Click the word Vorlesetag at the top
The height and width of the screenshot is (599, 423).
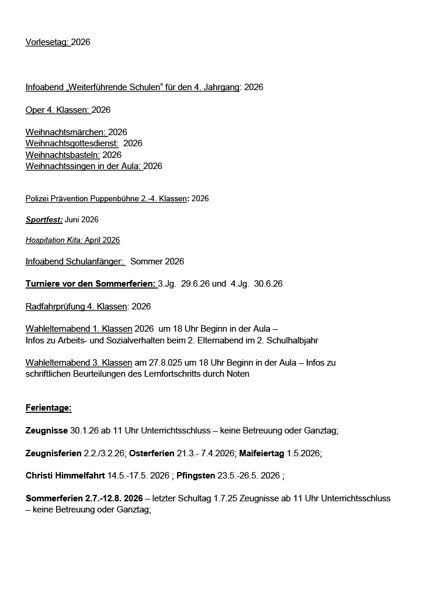tap(47, 42)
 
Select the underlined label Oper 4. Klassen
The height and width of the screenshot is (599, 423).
tap(57, 110)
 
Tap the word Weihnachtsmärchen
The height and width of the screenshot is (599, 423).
tap(66, 132)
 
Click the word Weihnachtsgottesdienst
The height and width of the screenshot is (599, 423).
tap(71, 143)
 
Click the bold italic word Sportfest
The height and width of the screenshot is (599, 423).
tap(44, 220)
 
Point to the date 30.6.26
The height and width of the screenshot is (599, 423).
tap(268, 284)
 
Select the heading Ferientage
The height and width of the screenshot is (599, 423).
tap(48, 408)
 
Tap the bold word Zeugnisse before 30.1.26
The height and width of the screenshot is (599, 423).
tap(47, 431)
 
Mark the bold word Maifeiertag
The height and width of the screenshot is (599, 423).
tap(262, 453)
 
